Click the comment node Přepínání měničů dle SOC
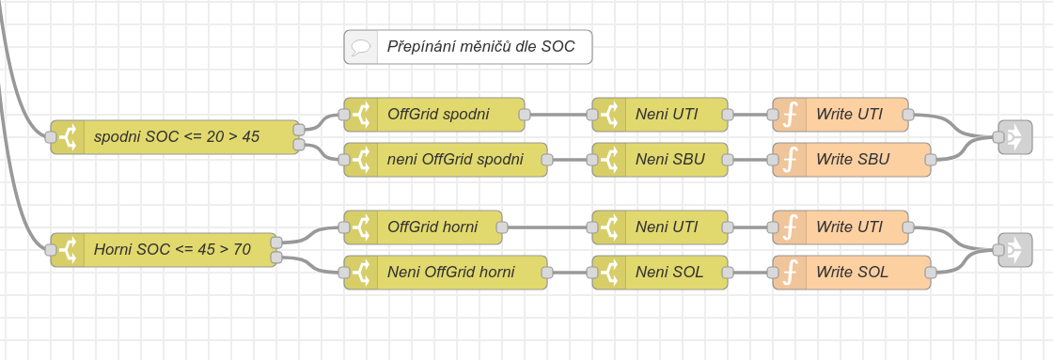468,47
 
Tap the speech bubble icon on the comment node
361,47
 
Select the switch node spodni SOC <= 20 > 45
175,137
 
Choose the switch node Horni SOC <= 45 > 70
164,250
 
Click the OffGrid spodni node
433,114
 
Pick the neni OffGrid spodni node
446,160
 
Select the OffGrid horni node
423,227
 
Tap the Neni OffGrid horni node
446,272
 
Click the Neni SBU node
659,160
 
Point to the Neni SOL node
659,272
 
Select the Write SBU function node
852,160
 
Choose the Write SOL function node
852,272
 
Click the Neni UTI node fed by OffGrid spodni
659,114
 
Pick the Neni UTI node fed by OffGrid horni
659,227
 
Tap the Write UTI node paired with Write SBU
841,114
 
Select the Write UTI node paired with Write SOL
841,227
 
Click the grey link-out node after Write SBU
1014,137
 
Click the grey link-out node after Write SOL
1014,250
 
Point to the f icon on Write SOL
790,272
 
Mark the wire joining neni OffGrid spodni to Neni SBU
570,160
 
